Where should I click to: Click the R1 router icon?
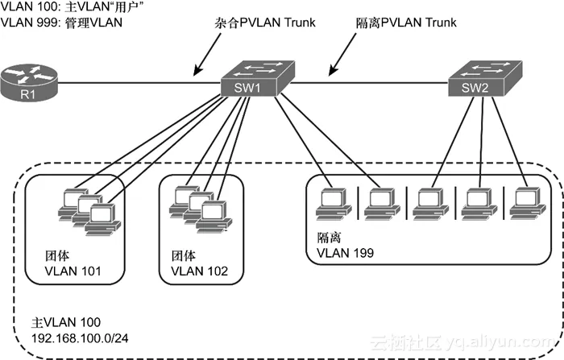pos(29,80)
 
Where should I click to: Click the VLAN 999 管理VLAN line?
pos(61,22)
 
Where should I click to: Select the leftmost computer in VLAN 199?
pos(332,203)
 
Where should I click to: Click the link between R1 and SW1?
pos(137,79)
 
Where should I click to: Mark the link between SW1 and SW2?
pos(363,79)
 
